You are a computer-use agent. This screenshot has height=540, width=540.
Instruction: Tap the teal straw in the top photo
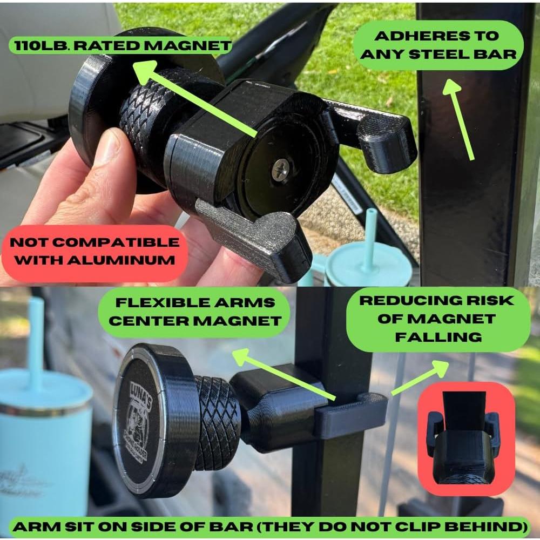coord(371,238)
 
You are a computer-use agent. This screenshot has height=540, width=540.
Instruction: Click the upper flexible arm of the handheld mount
coord(378,132)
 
